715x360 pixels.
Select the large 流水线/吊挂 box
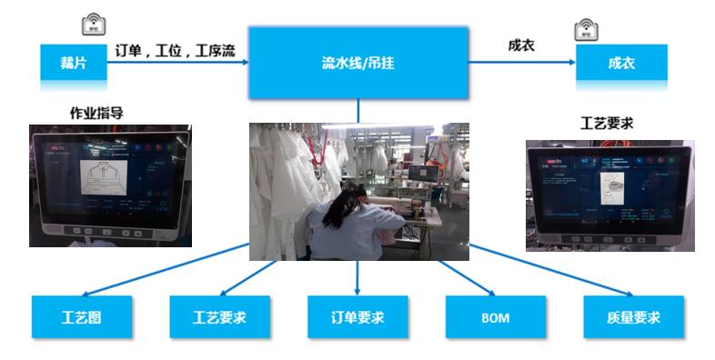357,63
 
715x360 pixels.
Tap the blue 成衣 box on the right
621,63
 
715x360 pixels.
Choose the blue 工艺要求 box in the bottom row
219,317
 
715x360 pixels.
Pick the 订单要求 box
357,317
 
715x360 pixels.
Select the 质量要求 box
632,317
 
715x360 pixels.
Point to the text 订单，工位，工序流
175,50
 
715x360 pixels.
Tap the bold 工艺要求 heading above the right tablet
607,123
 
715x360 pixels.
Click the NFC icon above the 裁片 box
92,25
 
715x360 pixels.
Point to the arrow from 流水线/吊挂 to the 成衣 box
521,63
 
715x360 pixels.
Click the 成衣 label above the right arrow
519,45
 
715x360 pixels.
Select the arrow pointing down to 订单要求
357,277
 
